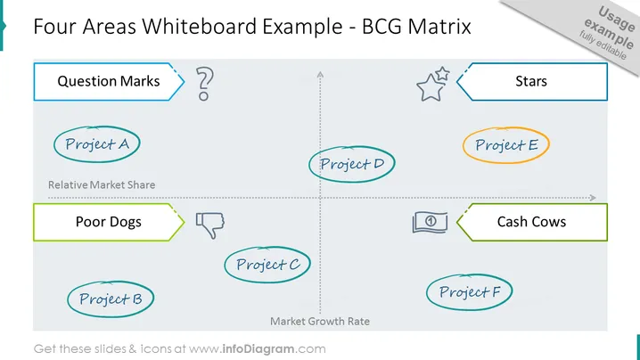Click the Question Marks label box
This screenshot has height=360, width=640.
[109, 82]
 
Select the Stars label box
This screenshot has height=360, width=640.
[531, 82]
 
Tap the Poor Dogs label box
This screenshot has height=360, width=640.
[109, 222]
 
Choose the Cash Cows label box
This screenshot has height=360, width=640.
[531, 222]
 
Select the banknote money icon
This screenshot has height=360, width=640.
[430, 222]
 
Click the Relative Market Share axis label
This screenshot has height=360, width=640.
[102, 184]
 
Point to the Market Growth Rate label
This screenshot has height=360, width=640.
[320, 321]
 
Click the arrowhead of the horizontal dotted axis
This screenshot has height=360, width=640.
[593, 198]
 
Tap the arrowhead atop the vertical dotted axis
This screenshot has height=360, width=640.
[320, 74]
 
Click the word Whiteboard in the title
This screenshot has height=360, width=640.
[200, 27]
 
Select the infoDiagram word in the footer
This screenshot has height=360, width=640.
[258, 349]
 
